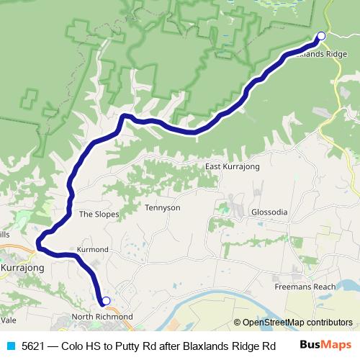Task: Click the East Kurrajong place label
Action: point(232,166)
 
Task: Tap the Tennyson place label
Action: point(163,208)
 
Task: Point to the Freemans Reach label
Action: point(305,287)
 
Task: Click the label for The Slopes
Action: point(99,214)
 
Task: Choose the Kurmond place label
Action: point(92,250)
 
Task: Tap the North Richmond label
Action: point(102,317)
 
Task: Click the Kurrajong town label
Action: point(22,268)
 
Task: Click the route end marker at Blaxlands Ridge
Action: point(321,36)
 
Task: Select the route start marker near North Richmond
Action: point(106,301)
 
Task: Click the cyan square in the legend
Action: point(10,346)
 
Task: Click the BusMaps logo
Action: point(325,345)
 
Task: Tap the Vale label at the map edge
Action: point(8,319)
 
